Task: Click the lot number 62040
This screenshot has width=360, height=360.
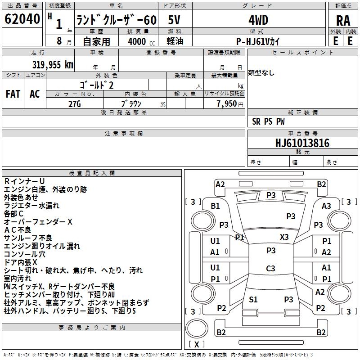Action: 22,19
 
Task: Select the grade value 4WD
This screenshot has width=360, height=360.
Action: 258,20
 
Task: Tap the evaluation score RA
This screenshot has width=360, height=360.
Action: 343,21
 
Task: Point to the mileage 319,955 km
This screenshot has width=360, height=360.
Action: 53,65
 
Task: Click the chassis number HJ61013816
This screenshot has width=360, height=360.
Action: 302,143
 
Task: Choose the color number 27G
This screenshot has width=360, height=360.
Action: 75,104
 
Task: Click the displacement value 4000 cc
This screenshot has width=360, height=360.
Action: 141,41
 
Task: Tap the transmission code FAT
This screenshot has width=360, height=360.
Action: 13,94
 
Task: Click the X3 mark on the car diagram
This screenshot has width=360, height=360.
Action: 284,237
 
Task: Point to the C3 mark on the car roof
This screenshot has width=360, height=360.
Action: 270,268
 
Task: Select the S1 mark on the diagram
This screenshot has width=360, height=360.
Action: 253,299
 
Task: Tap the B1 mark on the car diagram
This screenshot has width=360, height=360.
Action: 215,206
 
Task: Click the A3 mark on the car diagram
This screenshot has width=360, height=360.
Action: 326,206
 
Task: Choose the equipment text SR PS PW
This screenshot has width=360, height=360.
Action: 268,121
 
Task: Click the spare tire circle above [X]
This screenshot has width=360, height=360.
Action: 197,328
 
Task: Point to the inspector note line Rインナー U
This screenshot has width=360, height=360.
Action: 24,181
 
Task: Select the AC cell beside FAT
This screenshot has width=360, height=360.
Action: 35,94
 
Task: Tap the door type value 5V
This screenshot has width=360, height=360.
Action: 174,20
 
